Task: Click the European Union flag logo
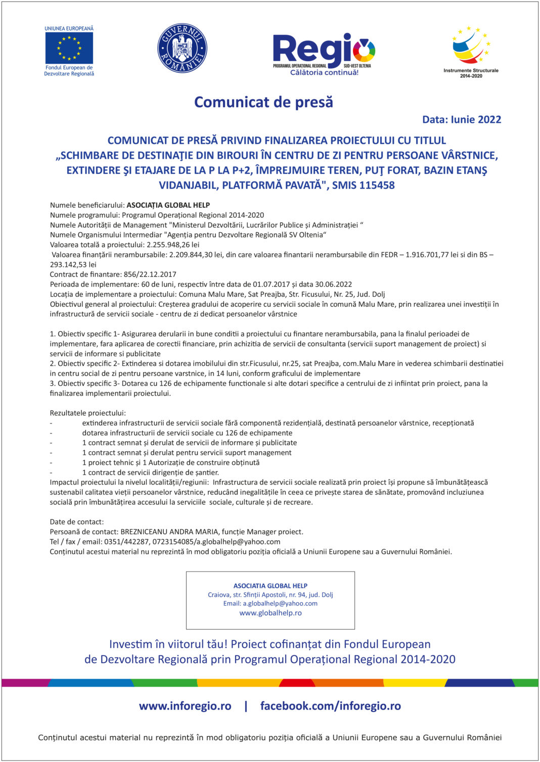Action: pos(69,49)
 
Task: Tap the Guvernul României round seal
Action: pos(182,48)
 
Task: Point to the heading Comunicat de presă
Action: pos(263,102)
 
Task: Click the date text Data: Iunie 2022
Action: pos(462,120)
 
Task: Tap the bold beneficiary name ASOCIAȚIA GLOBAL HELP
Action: pos(168,205)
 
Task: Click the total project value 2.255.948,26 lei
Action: pos(173,245)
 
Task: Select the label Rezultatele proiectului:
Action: pos(88,413)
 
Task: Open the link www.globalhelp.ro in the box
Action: pos(271,613)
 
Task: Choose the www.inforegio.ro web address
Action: pos(185,706)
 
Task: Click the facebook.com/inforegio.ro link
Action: pos(330,706)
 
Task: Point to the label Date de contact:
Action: pos(77,522)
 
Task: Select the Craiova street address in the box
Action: pos(271,595)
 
